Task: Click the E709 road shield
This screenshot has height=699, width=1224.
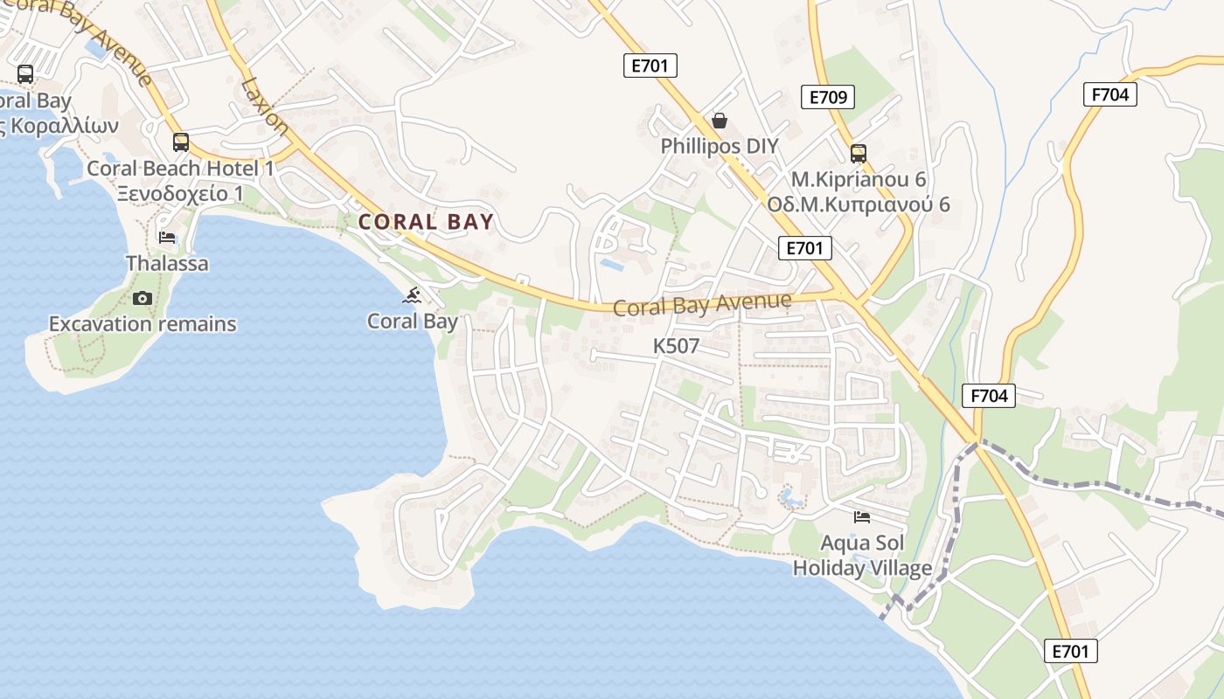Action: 827,97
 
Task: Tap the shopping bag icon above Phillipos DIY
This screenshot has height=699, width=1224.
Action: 720,121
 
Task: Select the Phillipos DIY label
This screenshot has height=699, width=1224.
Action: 720,146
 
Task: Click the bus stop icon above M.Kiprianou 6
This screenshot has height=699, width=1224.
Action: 859,154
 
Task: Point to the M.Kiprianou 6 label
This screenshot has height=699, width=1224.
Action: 858,179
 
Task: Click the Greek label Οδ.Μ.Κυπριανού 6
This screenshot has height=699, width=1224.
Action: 858,204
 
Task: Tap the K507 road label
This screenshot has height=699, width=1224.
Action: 676,346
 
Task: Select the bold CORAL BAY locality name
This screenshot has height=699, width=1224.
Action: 427,222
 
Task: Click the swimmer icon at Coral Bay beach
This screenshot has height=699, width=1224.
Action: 413,295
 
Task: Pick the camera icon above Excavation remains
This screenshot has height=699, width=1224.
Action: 143,299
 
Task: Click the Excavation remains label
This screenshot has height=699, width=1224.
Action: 143,324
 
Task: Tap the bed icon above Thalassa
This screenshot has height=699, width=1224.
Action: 167,238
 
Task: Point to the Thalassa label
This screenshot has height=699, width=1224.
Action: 167,263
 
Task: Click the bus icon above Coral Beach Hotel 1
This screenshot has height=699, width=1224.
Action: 181,142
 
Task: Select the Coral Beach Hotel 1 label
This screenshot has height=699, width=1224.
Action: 181,168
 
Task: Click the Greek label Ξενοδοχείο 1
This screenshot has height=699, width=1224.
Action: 181,193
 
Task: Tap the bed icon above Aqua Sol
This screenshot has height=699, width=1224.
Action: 862,517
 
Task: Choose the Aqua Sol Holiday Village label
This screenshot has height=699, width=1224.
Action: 862,556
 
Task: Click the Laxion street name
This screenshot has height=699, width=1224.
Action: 265,106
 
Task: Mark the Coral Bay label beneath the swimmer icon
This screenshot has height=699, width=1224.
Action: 413,321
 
